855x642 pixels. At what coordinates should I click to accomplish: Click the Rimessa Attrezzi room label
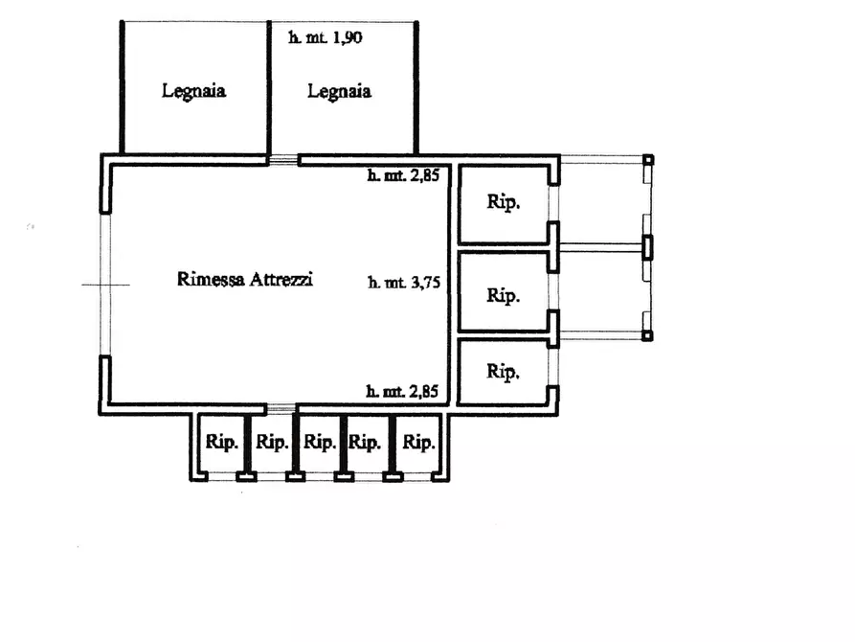245,279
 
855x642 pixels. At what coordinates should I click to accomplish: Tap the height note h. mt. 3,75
404,283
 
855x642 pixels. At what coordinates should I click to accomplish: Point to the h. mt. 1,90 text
326,37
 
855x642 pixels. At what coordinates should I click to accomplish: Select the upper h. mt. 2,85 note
403,175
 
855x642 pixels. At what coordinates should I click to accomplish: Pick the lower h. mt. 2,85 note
402,391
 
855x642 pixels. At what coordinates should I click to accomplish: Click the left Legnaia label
193,91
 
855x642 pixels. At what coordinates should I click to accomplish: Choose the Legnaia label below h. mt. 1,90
339,91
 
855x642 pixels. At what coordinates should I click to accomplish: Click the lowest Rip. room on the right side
504,373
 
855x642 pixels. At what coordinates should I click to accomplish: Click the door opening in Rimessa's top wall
283,160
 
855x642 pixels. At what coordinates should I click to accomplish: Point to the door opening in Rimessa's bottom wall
281,409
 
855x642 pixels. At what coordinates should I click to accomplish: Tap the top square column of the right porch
648,160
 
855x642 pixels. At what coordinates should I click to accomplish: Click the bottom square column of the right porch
647,335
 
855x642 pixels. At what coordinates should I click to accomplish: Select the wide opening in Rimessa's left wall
105,285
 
